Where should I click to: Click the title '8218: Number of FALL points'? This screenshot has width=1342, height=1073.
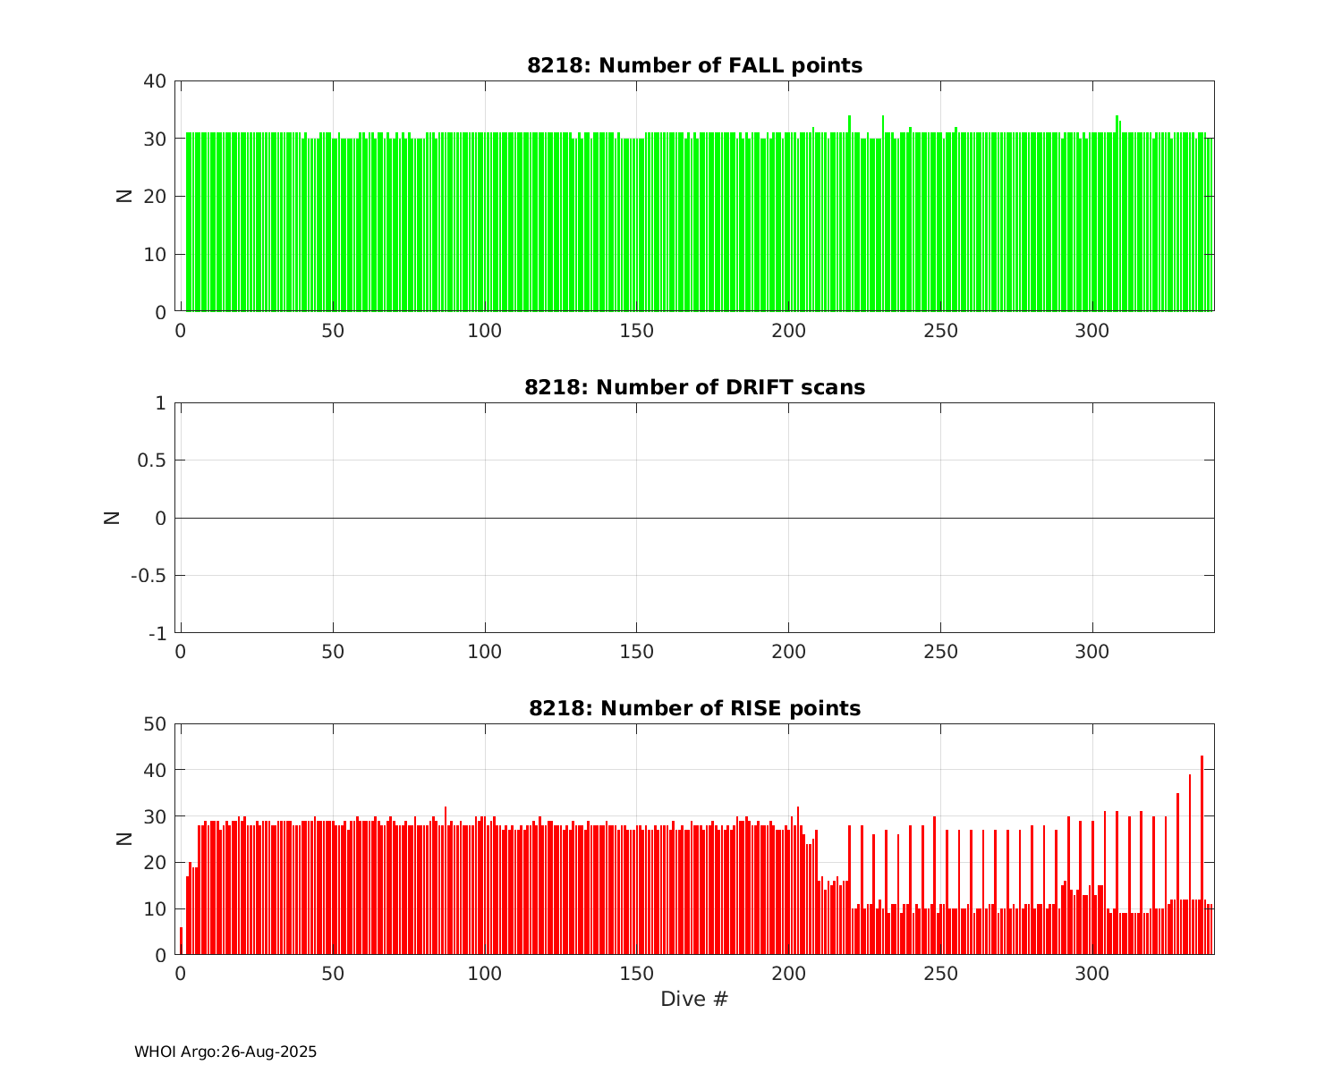694,65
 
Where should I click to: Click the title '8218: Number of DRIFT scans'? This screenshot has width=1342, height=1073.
694,387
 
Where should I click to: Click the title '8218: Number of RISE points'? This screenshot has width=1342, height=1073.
694,708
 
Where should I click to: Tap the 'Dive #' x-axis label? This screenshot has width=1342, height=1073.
694,999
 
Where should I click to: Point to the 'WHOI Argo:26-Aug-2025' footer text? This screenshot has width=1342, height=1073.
225,1052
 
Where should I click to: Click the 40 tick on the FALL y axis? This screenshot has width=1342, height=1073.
154,81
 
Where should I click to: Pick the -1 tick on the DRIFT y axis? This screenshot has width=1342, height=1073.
155,634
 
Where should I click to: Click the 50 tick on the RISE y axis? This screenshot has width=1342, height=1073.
154,723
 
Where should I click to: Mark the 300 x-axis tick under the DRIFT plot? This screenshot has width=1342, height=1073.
1091,652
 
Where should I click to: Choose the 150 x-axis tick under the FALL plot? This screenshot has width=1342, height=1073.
636,330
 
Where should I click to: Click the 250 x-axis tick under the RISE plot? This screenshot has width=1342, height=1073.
939,973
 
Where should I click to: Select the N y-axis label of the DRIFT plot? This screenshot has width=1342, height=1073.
112,518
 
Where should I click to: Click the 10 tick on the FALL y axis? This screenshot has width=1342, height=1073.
154,255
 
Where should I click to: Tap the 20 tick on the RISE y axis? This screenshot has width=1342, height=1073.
154,863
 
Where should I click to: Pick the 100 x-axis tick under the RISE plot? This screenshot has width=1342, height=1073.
484,973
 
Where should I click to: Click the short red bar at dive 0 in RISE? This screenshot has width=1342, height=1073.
181,941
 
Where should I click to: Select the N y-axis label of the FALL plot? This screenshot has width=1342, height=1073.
124,197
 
